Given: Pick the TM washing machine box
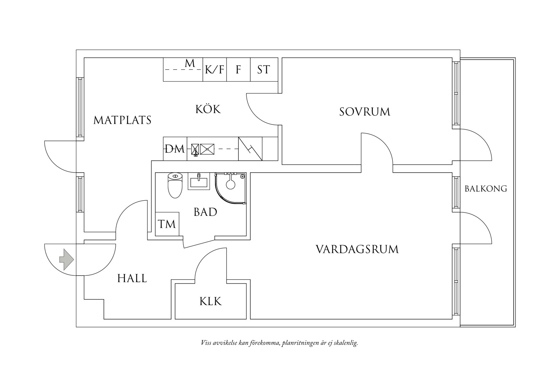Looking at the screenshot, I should coord(167,224).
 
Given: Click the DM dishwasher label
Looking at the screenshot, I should coord(175,149).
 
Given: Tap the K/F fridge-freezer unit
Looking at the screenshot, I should coord(214,69).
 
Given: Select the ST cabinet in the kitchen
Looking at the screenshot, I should coord(263,69).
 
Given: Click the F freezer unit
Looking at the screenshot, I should coord(238,69).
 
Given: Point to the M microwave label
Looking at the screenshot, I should coord(190,63).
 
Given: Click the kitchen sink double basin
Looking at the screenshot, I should coord(203,149).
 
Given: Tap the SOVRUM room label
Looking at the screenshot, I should coord(365,112).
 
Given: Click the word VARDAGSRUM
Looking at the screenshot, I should coord(357,250).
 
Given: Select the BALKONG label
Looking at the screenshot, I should coord(486,189).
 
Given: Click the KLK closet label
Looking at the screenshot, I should coord(210,301).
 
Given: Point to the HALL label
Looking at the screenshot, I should coord(132,278).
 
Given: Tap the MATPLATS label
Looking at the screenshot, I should coord(122,120).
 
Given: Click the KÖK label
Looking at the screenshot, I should coord(208,109).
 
